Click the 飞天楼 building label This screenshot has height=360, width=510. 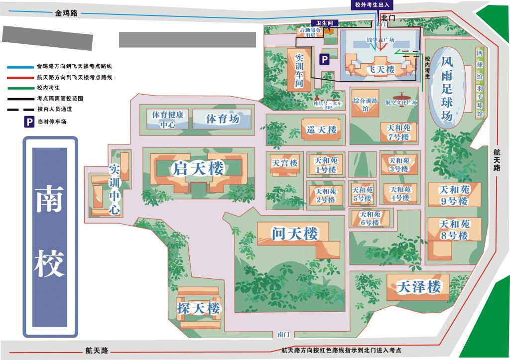381,70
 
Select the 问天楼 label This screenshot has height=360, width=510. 294,233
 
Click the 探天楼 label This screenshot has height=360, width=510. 198,308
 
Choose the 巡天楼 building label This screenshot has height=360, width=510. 322,130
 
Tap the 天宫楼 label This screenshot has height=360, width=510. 284,163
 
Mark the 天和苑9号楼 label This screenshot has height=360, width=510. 454,195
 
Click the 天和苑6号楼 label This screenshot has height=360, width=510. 370,218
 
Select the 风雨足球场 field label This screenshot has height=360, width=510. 447,89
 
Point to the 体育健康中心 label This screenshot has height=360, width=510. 168,120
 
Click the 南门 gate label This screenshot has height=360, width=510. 283,335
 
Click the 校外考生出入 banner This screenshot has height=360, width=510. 373,5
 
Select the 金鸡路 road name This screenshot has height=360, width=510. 66,13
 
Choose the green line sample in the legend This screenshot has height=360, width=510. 20,88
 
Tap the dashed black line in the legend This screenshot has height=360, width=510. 20,109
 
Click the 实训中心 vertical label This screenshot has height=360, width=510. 114,189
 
